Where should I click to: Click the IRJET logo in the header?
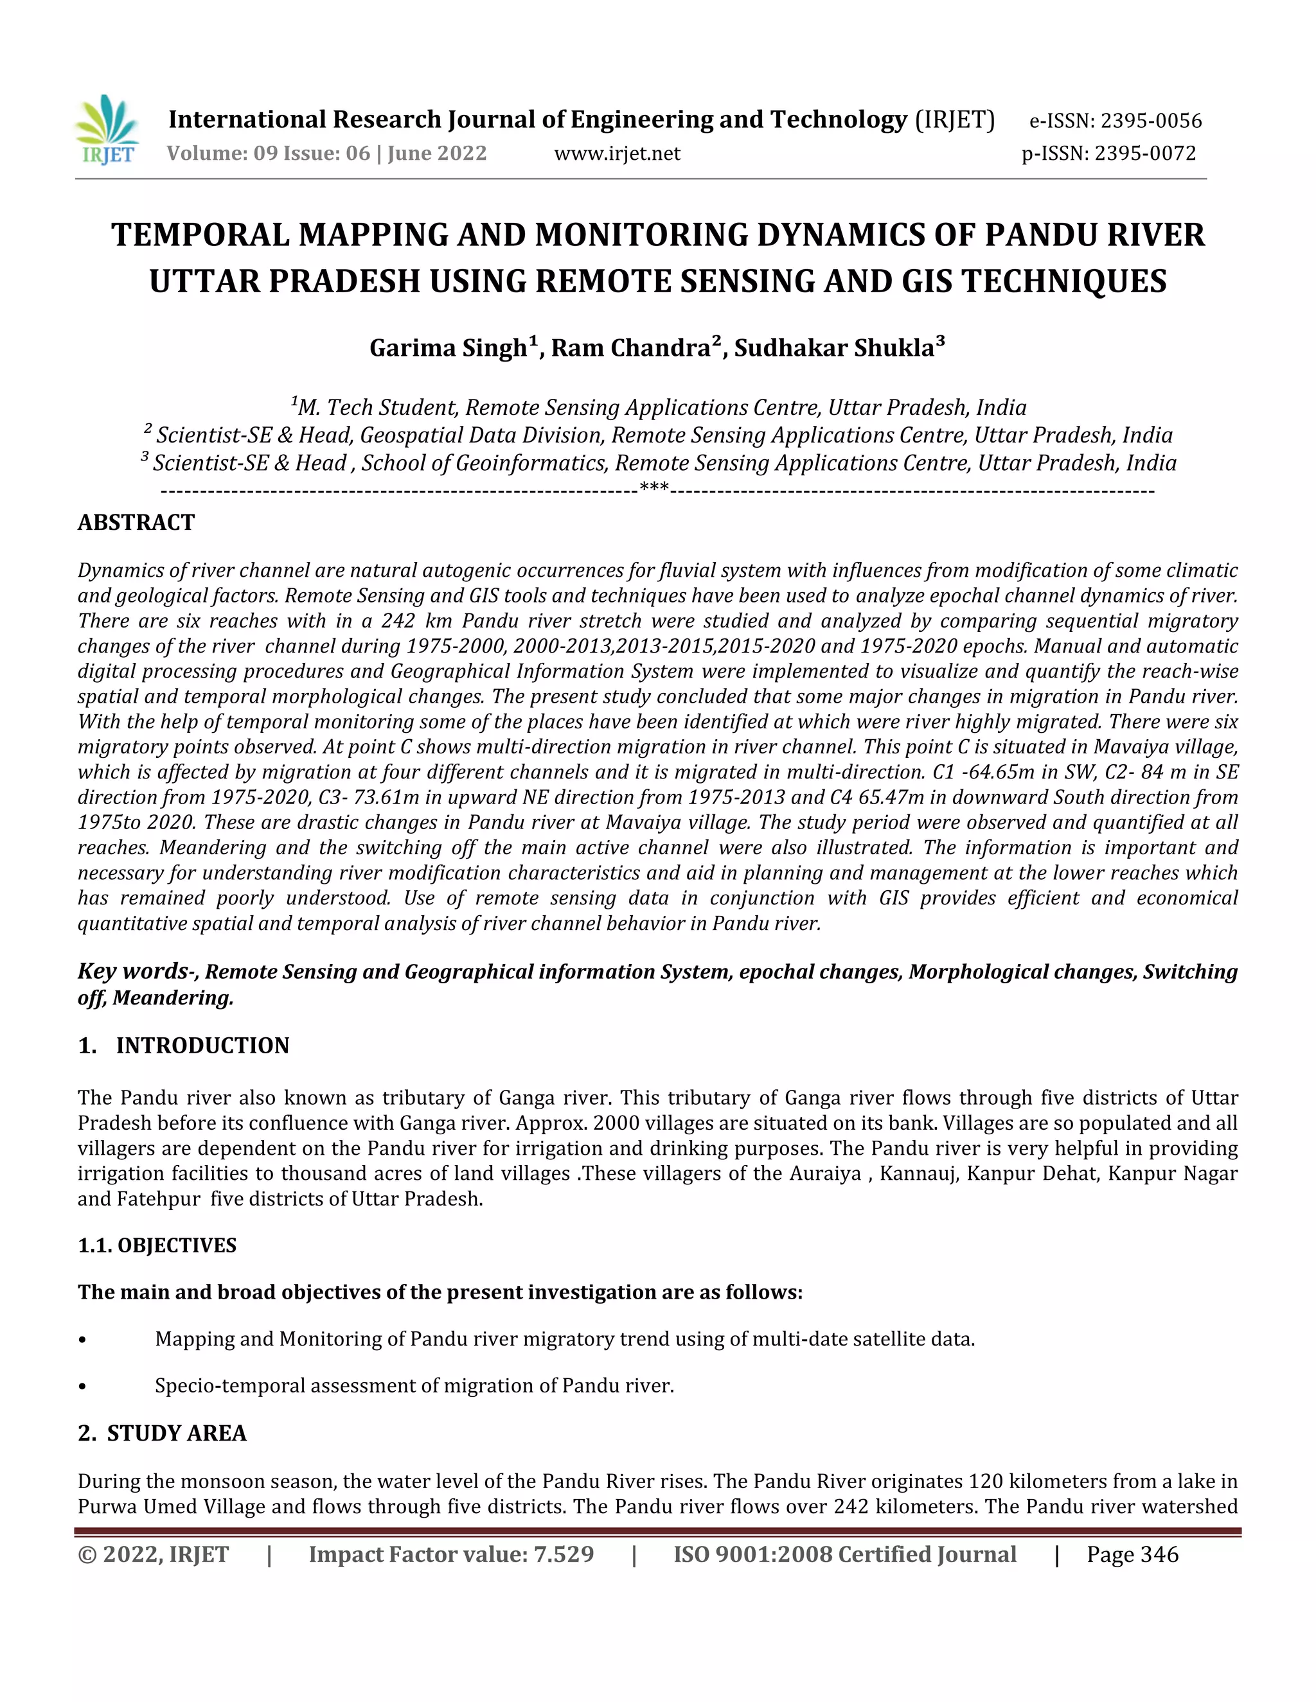click(x=107, y=131)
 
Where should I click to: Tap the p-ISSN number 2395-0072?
click(x=1144, y=154)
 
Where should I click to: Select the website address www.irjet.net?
click(x=617, y=154)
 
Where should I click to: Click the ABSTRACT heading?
click(x=136, y=522)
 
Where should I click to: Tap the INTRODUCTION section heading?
click(x=202, y=1046)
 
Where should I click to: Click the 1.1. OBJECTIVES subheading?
click(x=157, y=1245)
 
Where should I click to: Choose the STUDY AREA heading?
click(x=176, y=1433)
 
